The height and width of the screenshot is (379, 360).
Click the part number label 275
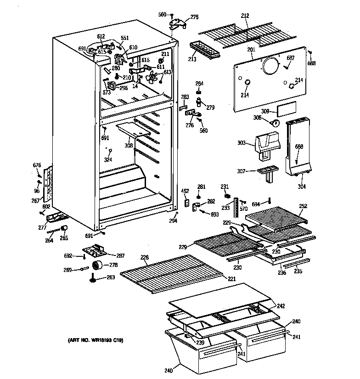click(x=194, y=17)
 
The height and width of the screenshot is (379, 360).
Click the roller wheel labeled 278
click(x=97, y=265)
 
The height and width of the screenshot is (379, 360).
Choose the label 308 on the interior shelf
click(x=129, y=146)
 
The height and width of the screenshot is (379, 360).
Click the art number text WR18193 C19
click(x=96, y=340)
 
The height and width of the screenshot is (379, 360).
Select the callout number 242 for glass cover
click(x=281, y=305)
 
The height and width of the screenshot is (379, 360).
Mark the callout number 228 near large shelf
click(x=145, y=258)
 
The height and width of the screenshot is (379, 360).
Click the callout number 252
click(x=303, y=206)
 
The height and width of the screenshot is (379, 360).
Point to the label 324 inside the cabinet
click(x=108, y=160)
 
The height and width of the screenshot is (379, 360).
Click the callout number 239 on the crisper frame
click(x=200, y=342)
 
